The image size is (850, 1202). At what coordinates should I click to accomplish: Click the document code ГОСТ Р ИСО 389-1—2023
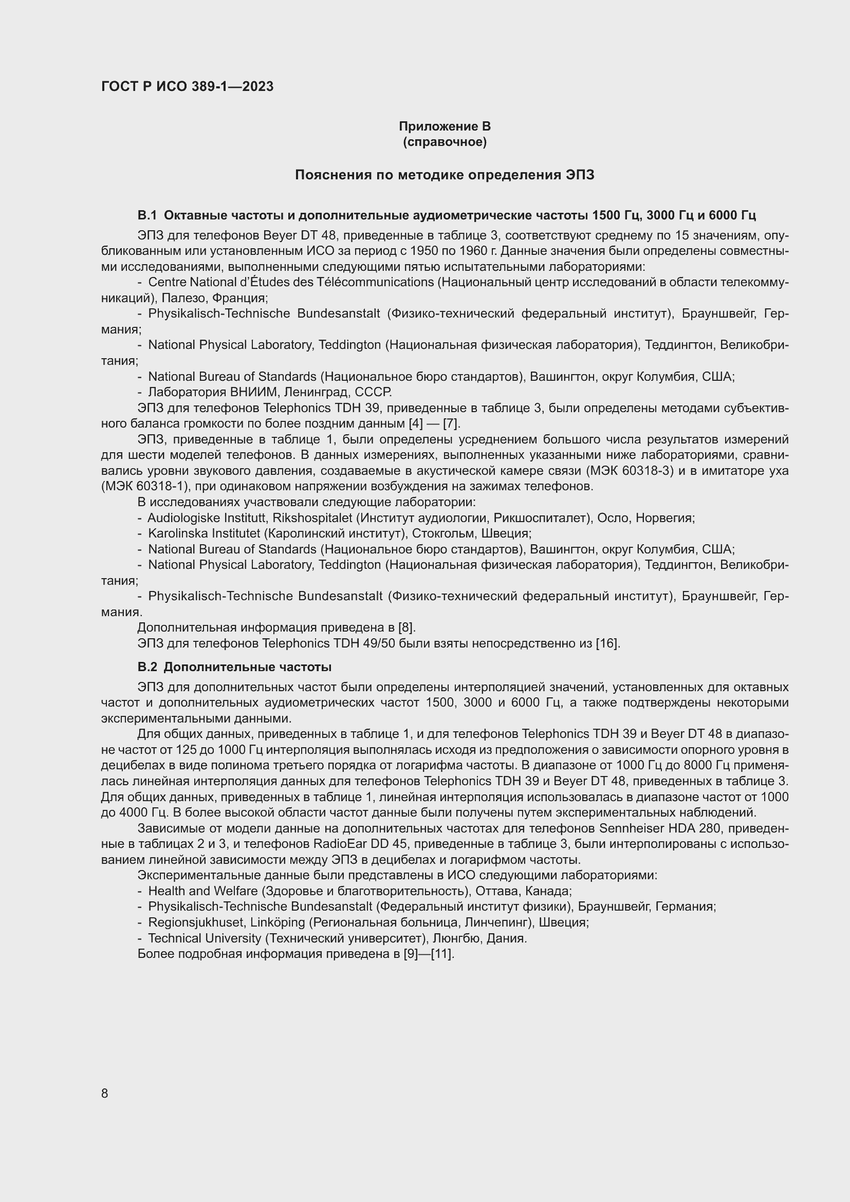pos(188,86)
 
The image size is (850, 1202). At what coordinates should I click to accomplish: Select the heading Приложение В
pos(445,126)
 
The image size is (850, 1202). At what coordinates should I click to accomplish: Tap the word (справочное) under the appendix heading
pos(445,142)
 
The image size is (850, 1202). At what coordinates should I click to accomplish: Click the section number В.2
pos(147,667)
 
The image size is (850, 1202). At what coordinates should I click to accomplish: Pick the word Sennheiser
pos(631,828)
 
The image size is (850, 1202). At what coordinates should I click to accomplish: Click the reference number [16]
pos(608,643)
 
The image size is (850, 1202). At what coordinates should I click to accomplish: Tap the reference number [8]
pos(406,627)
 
